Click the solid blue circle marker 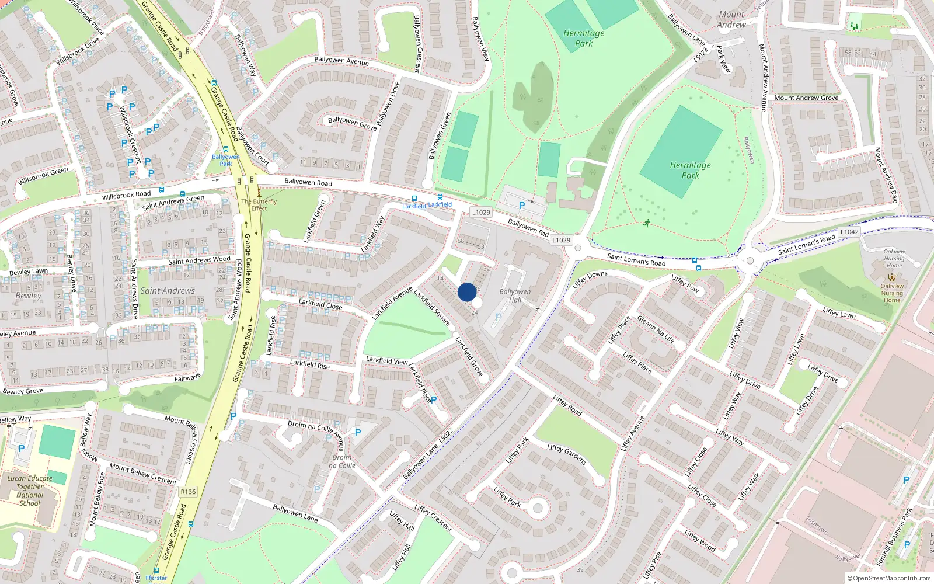[x=467, y=292]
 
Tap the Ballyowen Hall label [x=515, y=296]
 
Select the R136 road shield [x=188, y=492]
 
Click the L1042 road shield [x=849, y=232]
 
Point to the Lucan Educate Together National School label [x=30, y=491]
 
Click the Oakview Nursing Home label [x=892, y=290]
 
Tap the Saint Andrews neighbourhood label [x=168, y=291]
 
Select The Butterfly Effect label [x=259, y=205]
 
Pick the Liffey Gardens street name [x=567, y=454]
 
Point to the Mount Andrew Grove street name [x=806, y=98]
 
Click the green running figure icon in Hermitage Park [x=647, y=223]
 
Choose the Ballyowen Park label [x=225, y=160]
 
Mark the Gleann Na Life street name [x=656, y=329]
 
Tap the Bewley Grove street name [x=23, y=391]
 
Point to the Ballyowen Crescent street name [x=417, y=44]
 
